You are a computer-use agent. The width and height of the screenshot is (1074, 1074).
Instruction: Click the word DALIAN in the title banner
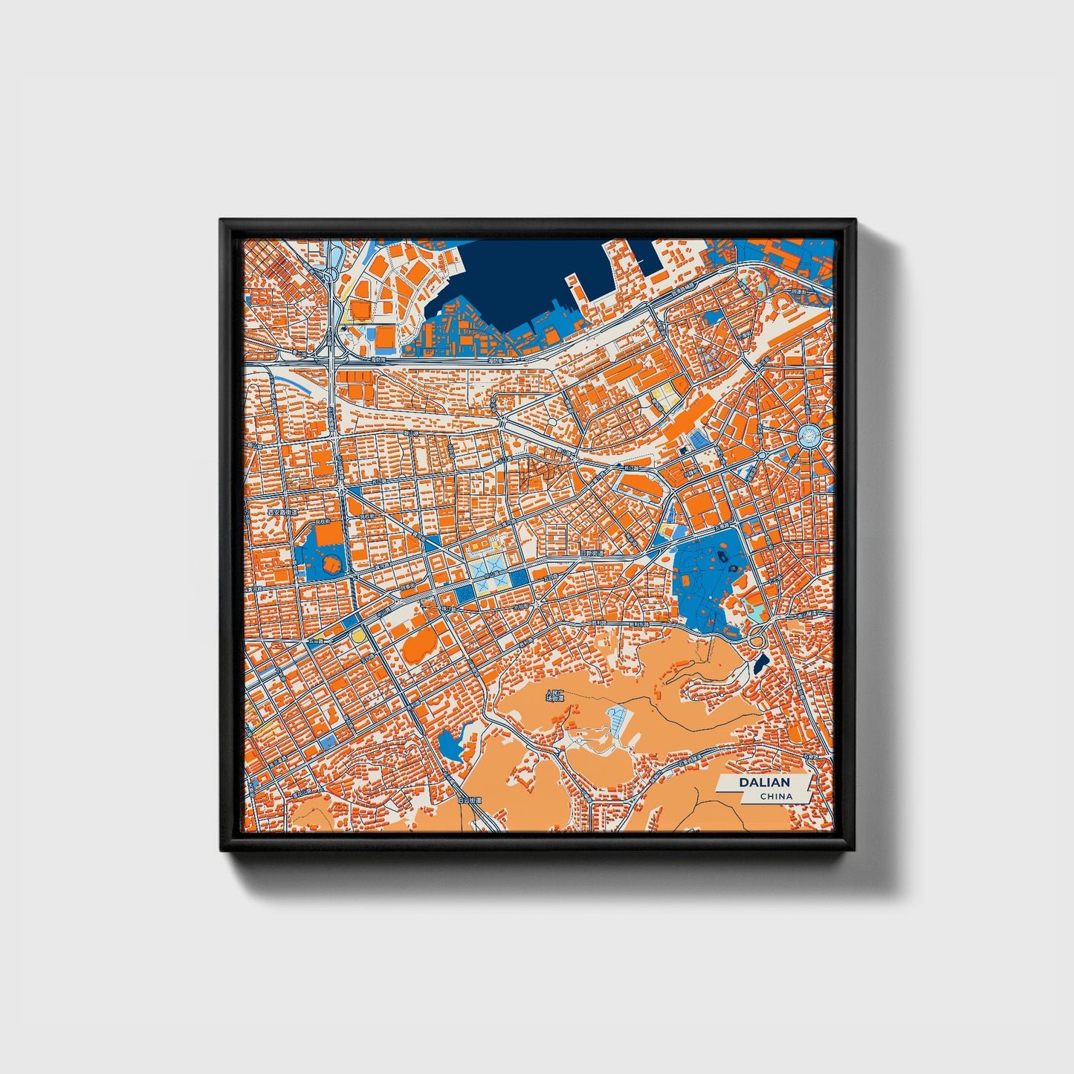(764, 783)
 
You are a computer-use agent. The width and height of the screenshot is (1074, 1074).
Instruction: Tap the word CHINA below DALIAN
(776, 796)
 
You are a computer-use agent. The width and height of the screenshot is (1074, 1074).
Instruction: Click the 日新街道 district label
(593, 554)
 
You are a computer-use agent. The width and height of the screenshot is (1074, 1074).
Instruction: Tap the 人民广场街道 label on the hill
(555, 696)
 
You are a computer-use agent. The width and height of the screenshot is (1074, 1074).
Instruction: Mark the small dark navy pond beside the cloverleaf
(760, 663)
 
